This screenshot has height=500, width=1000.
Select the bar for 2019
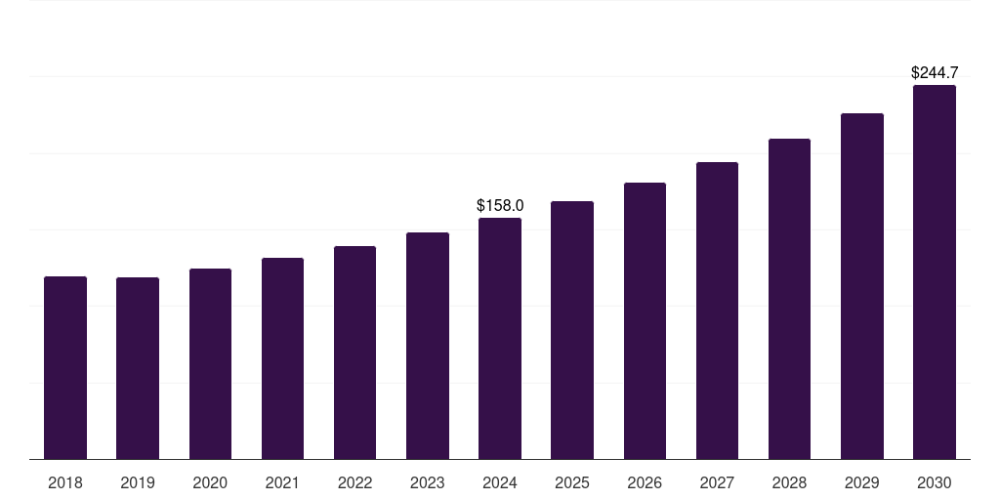coord(138,368)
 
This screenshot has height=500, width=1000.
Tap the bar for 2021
coord(282,358)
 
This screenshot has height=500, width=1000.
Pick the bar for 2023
coord(428,346)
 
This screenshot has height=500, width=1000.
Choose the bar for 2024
coord(500,338)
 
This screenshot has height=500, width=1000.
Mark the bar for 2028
coord(789,299)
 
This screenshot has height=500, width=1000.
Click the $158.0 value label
coord(500,205)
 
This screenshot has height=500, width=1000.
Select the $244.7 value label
coord(935,72)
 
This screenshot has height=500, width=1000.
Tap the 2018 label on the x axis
coord(65,482)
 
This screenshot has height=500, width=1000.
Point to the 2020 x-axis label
coord(210,482)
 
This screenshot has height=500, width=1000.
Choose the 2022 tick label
coord(354,482)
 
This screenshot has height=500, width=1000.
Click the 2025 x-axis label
coord(572,482)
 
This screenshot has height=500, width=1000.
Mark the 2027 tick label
coord(717,482)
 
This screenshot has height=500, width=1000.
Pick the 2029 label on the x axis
coord(862,482)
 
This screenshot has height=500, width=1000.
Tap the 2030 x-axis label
coord(935,482)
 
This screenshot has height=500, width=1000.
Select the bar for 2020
coord(210,363)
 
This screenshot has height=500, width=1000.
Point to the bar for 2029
coord(862,286)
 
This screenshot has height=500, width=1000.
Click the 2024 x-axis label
coord(500,482)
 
